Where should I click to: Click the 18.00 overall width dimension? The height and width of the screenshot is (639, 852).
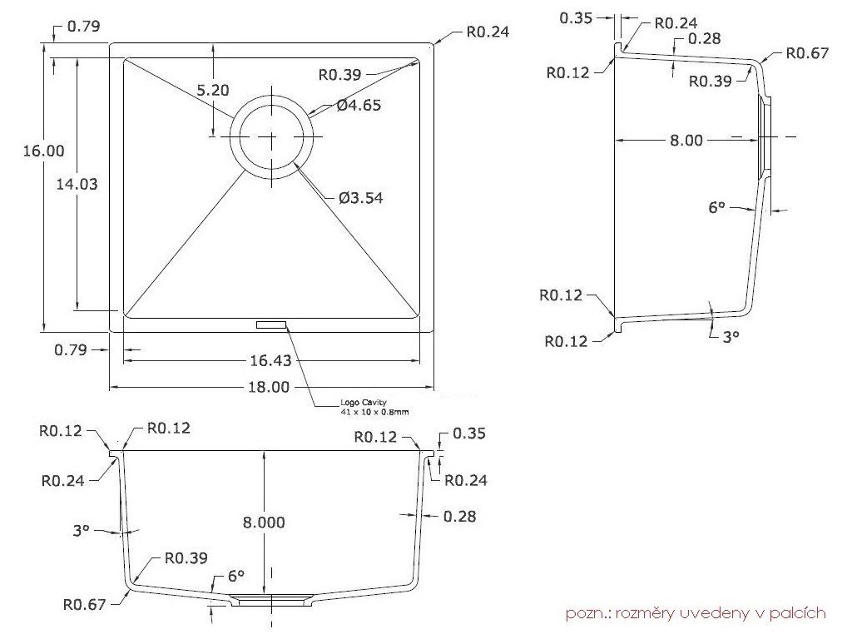[x=269, y=387]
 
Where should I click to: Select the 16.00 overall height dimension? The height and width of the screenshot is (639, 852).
[x=43, y=151]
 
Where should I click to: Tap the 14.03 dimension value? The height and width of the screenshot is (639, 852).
[x=77, y=184]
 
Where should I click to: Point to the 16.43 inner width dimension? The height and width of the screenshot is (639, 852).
[x=270, y=360]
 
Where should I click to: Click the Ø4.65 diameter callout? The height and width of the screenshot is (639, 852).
[x=359, y=105]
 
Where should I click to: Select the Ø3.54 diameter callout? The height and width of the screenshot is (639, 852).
[x=361, y=198]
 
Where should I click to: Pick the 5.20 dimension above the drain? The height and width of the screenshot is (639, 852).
[x=212, y=90]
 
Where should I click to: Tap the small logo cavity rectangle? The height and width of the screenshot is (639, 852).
[x=271, y=324]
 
